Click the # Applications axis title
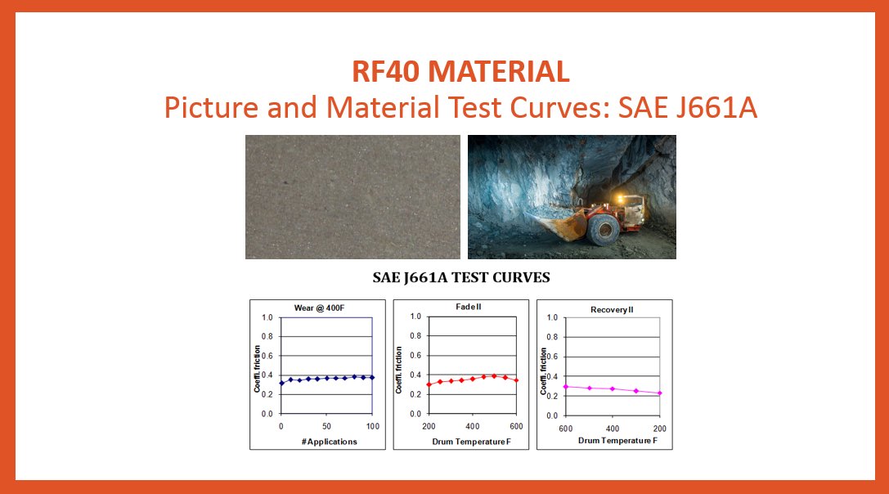tap(326, 442)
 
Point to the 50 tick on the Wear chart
tap(326, 427)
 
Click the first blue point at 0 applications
tap(281, 383)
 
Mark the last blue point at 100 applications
tap(372, 377)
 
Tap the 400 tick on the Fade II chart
tap(472, 426)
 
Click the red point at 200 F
tap(428, 384)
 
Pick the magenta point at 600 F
tap(565, 386)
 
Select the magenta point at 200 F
tap(659, 393)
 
